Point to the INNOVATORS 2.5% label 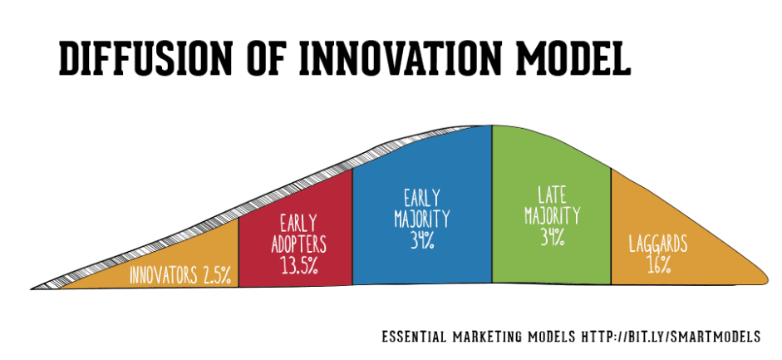(x=180, y=275)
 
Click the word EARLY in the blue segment (x=422, y=197)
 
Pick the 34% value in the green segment (x=552, y=236)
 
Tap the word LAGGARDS (x=658, y=244)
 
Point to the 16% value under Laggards (x=658, y=265)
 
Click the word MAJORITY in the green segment (x=552, y=215)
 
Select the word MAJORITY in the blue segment (x=422, y=219)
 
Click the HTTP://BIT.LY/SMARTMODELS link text (x=671, y=337)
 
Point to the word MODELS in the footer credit (x=546, y=337)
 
